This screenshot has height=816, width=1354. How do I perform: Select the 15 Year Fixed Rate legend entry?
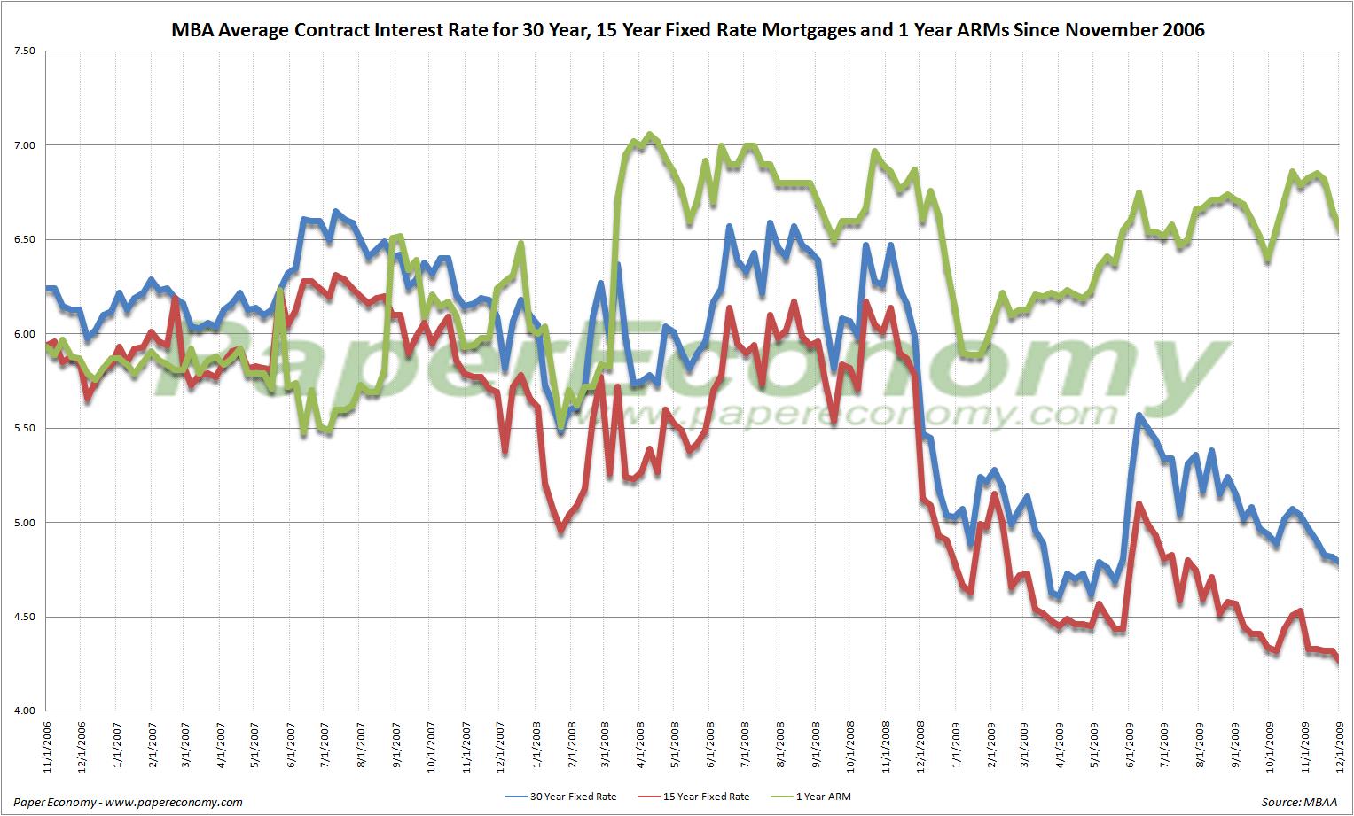click(705, 797)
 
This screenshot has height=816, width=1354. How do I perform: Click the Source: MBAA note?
click(1301, 802)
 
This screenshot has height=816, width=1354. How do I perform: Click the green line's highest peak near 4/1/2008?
click(650, 135)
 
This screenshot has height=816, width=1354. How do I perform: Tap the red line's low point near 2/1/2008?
click(560, 532)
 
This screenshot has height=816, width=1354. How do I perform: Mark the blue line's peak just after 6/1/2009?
click(1139, 415)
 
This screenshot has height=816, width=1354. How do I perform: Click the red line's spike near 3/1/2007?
click(176, 299)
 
